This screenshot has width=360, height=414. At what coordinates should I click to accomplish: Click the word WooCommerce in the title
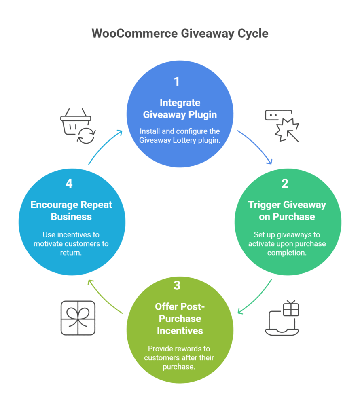(x=135, y=34)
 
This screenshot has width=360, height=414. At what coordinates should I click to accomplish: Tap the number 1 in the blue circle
(x=177, y=81)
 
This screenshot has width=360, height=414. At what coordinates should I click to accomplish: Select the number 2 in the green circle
(x=285, y=184)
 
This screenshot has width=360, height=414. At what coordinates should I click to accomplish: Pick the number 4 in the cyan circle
(x=69, y=184)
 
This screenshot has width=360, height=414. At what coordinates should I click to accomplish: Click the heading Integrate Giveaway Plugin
(x=180, y=108)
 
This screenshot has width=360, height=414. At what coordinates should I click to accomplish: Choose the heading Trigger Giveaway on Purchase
(x=287, y=211)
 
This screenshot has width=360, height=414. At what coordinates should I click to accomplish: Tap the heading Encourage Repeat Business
(x=71, y=211)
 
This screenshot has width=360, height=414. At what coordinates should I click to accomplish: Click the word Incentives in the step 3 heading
(x=180, y=331)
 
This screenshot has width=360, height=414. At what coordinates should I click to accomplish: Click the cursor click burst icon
(x=282, y=126)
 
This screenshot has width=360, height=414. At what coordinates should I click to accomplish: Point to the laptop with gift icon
(x=282, y=318)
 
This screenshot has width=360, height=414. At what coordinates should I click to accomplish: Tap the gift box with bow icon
(x=78, y=318)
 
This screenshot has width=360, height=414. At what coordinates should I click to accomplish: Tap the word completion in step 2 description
(x=287, y=253)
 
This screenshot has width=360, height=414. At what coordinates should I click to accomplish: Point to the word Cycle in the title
(x=253, y=34)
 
